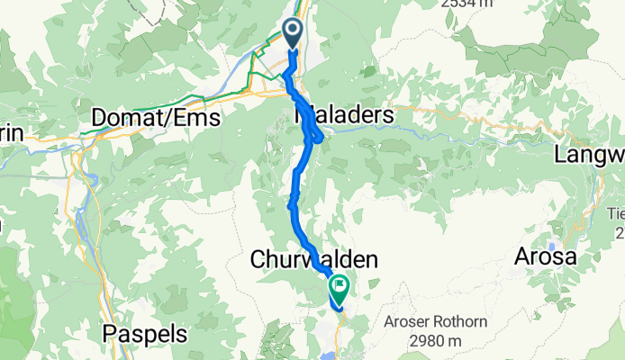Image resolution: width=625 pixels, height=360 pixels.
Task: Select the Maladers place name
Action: click(345, 115)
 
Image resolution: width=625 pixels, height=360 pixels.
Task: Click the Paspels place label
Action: click(145, 334)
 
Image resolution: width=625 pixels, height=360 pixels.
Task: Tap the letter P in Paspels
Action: click(111, 334)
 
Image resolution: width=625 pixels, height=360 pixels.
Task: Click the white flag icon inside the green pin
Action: click(340, 287)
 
